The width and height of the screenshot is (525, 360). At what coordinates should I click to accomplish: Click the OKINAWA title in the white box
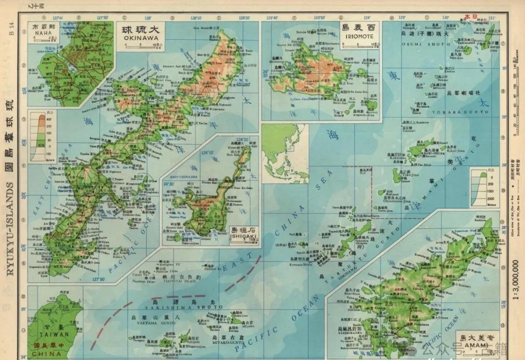[141, 37]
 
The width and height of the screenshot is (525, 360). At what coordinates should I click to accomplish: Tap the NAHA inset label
[41, 34]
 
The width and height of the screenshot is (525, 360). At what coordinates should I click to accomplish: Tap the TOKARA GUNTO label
[467, 112]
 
